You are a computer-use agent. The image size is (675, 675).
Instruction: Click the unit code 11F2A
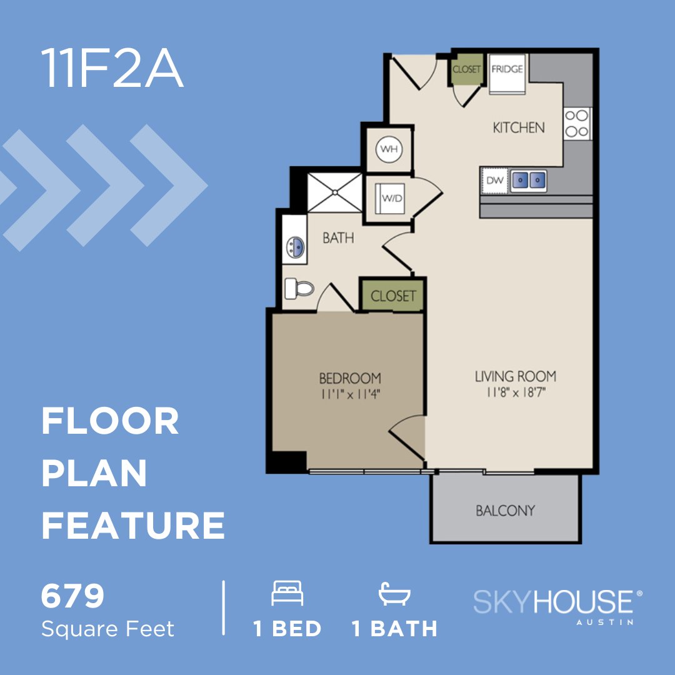112,68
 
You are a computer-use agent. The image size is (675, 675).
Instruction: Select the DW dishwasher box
494,181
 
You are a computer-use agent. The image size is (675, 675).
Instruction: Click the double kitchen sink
529,181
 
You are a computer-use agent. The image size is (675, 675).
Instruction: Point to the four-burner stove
577,123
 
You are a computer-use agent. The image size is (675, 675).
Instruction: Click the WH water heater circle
389,149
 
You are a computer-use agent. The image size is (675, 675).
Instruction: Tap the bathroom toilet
298,288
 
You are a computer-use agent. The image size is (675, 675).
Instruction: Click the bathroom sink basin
295,248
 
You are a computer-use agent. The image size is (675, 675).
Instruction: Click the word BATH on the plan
338,238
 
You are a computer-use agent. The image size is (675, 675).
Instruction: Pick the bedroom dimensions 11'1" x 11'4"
350,394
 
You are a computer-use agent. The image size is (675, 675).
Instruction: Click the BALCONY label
505,511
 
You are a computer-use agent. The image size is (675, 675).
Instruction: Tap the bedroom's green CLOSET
393,296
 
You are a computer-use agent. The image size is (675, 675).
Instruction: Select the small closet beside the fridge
466,69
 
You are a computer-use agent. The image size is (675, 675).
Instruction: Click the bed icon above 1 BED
287,593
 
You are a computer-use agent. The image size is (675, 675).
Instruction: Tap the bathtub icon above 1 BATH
394,593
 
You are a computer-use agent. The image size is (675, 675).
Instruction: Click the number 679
72,597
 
